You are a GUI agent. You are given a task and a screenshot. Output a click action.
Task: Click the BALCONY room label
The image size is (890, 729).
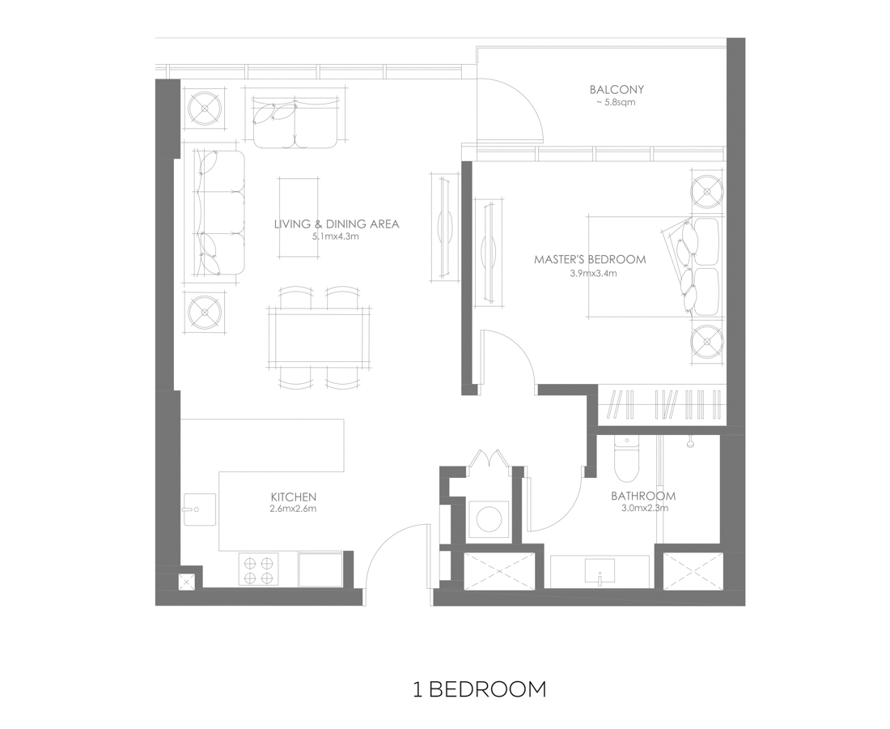tap(617, 89)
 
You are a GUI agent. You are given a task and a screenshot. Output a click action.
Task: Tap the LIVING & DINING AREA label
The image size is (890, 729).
tap(337, 224)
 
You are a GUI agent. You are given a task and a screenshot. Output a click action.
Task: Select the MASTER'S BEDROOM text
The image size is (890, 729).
tap(590, 260)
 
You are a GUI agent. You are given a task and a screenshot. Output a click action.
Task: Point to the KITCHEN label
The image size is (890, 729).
tap(294, 497)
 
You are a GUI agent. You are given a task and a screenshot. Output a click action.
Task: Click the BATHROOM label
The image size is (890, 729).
tap(643, 496)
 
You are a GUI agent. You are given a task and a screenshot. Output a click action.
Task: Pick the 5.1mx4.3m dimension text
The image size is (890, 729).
tap(336, 237)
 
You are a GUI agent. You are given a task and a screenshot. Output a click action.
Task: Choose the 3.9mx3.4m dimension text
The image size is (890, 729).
tap(593, 273)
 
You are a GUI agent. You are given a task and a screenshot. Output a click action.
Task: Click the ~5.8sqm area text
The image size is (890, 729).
tap(616, 103)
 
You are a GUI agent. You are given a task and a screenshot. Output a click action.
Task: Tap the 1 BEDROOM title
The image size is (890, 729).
tap(480, 689)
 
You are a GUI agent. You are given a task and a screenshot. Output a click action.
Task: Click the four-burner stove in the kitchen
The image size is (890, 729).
tap(258, 569)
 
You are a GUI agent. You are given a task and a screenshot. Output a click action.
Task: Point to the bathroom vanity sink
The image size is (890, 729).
tap(600, 571)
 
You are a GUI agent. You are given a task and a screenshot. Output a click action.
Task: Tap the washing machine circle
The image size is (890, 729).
tap(489, 518)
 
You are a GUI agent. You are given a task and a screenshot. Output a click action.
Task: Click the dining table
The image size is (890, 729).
tap(320, 339)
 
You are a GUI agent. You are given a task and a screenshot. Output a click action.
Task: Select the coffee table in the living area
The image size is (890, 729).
tap(299, 217)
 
